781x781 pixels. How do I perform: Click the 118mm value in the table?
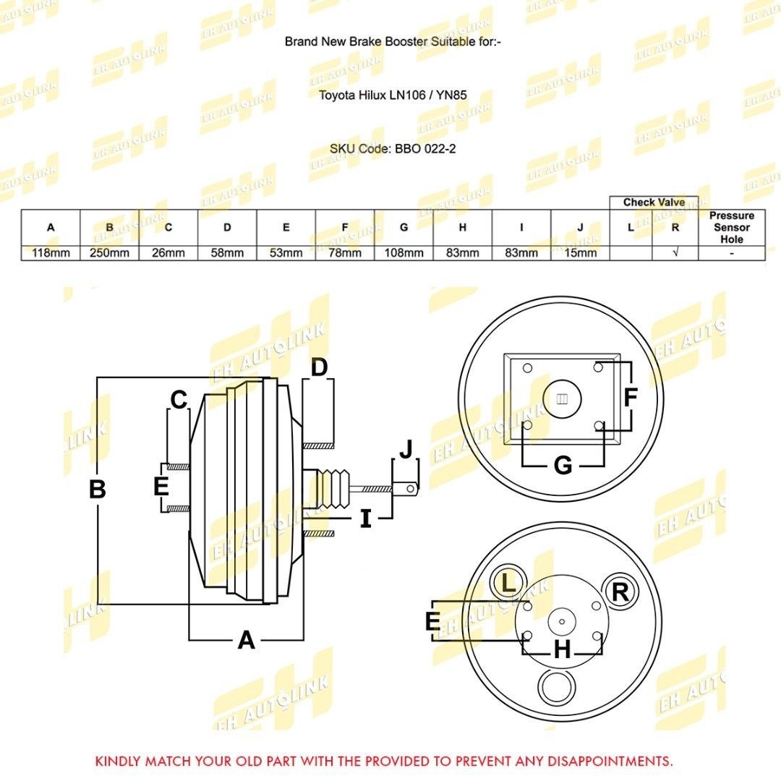(51, 253)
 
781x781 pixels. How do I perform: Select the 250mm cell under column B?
(109, 253)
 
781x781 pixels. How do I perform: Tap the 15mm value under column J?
(580, 253)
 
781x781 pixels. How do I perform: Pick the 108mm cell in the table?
(404, 253)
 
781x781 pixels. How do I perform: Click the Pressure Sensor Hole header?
(731, 227)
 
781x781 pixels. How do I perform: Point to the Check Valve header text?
(654, 202)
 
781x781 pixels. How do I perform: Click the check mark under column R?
(675, 253)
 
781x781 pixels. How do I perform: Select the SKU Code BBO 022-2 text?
(393, 149)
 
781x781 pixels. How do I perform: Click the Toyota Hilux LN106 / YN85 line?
(392, 94)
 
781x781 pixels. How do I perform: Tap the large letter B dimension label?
(97, 490)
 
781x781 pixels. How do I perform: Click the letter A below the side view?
(247, 640)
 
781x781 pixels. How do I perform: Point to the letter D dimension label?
(320, 367)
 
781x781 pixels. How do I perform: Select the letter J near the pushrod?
(406, 448)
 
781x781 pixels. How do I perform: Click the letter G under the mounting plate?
(563, 466)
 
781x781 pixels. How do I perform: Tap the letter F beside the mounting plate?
(631, 397)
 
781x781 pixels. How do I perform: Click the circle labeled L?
(509, 583)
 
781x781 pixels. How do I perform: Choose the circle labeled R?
(620, 592)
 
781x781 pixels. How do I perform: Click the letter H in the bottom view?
(562, 651)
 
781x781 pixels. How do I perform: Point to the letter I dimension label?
(366, 518)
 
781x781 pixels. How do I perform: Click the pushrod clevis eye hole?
(411, 489)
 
